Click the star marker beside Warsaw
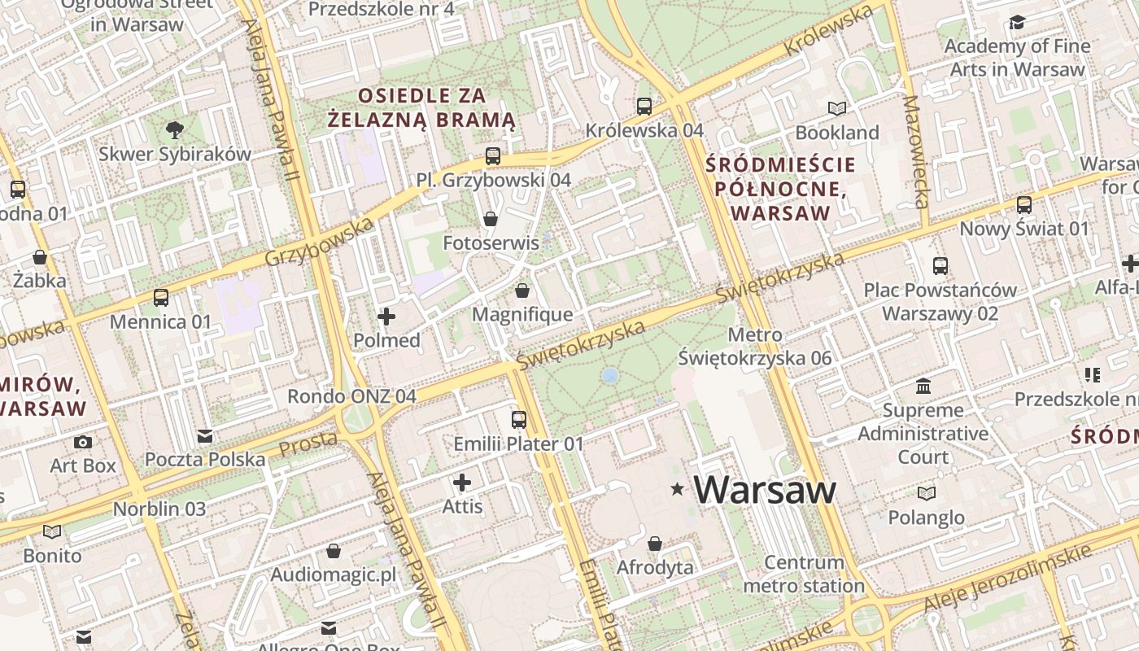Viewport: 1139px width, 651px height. pyautogui.click(x=677, y=489)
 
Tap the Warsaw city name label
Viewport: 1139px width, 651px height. pyautogui.click(x=765, y=489)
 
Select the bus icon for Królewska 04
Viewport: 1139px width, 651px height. pyautogui.click(x=644, y=106)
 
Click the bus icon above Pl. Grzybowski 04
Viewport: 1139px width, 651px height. pyautogui.click(x=492, y=155)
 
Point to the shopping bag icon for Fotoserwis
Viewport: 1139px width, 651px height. pyautogui.click(x=491, y=218)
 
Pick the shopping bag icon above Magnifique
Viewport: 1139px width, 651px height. pyautogui.click(x=522, y=290)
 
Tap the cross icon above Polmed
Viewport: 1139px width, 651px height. pyautogui.click(x=386, y=316)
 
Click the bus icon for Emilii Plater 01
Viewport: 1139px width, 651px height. pyautogui.click(x=518, y=420)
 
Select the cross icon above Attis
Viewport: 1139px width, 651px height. pyautogui.click(x=462, y=483)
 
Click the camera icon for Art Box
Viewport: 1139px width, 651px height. pyautogui.click(x=82, y=442)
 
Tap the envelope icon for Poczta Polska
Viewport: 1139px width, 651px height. pyautogui.click(x=205, y=436)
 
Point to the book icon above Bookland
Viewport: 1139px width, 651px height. pyautogui.click(x=837, y=108)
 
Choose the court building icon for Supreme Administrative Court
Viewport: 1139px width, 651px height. pyautogui.click(x=923, y=386)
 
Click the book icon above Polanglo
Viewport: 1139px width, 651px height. pyautogui.click(x=926, y=493)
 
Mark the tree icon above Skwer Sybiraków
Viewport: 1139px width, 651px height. pyautogui.click(x=174, y=129)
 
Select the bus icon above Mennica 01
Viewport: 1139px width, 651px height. pyautogui.click(x=160, y=297)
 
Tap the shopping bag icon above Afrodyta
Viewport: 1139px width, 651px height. pyautogui.click(x=655, y=543)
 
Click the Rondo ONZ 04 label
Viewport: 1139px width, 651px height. pyautogui.click(x=351, y=396)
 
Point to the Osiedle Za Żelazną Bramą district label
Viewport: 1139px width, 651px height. pyautogui.click(x=421, y=107)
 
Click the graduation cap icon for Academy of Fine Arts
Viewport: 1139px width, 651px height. pyautogui.click(x=1017, y=22)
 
